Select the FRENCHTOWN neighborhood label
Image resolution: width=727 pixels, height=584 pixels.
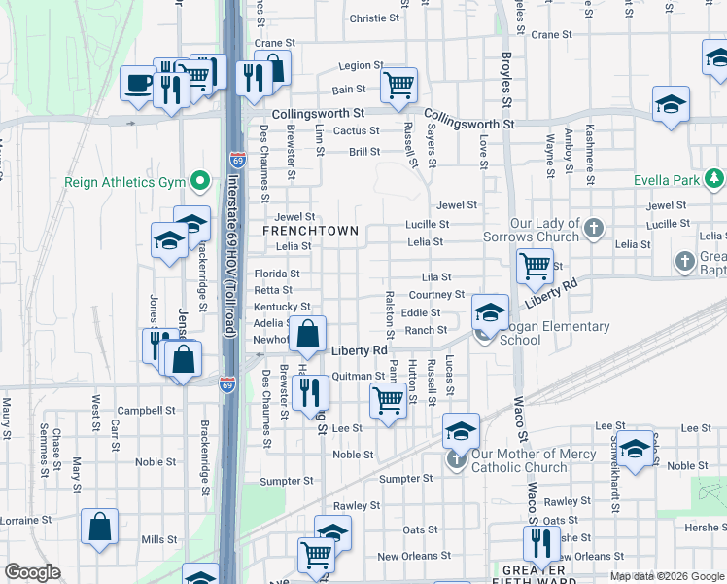[311, 231]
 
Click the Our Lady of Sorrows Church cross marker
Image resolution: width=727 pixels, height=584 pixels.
[595, 230]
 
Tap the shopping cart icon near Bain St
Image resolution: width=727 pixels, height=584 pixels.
[398, 86]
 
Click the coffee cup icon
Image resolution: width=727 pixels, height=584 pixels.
[138, 83]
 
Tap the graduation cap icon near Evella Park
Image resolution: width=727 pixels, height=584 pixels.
[671, 104]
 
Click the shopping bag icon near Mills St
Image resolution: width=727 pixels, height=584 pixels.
[99, 528]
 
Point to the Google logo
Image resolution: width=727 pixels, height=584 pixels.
[33, 572]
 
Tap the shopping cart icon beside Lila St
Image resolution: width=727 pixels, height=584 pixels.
[535, 265]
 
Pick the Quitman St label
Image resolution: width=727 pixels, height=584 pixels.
[359, 376]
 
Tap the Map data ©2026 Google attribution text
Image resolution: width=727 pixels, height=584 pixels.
[666, 576]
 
